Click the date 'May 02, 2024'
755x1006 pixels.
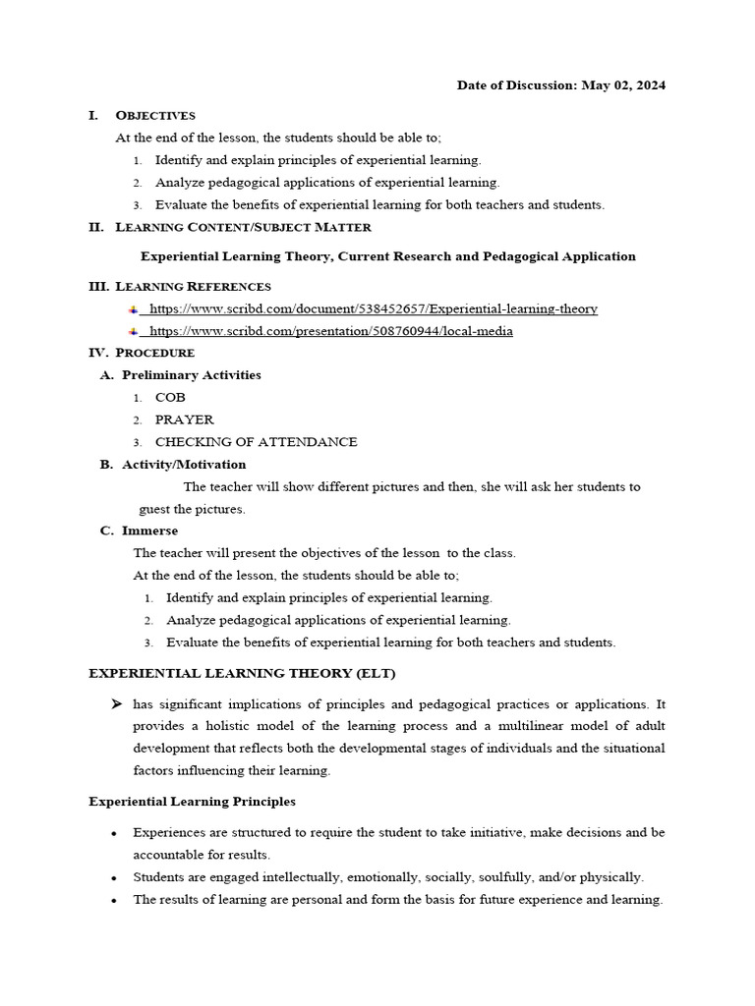[623, 85]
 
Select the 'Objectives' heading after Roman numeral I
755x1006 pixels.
[155, 116]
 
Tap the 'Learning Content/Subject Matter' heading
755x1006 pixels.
[243, 227]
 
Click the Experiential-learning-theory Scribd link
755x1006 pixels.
[373, 308]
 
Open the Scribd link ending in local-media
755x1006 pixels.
[330, 331]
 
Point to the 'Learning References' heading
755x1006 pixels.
[193, 287]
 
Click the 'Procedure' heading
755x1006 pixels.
[154, 353]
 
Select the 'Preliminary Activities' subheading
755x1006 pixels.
[191, 375]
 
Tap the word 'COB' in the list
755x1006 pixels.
[170, 398]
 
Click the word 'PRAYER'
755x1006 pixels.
[184, 419]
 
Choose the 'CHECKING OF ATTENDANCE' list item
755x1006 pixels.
[256, 442]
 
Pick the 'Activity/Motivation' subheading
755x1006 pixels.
[184, 465]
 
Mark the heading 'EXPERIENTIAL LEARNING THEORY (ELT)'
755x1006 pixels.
[242, 673]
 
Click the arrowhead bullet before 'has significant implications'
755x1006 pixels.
[117, 704]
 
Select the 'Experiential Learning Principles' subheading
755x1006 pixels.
[192, 802]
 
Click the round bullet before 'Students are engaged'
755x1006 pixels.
[115, 877]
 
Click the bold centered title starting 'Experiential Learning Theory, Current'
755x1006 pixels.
[387, 256]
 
